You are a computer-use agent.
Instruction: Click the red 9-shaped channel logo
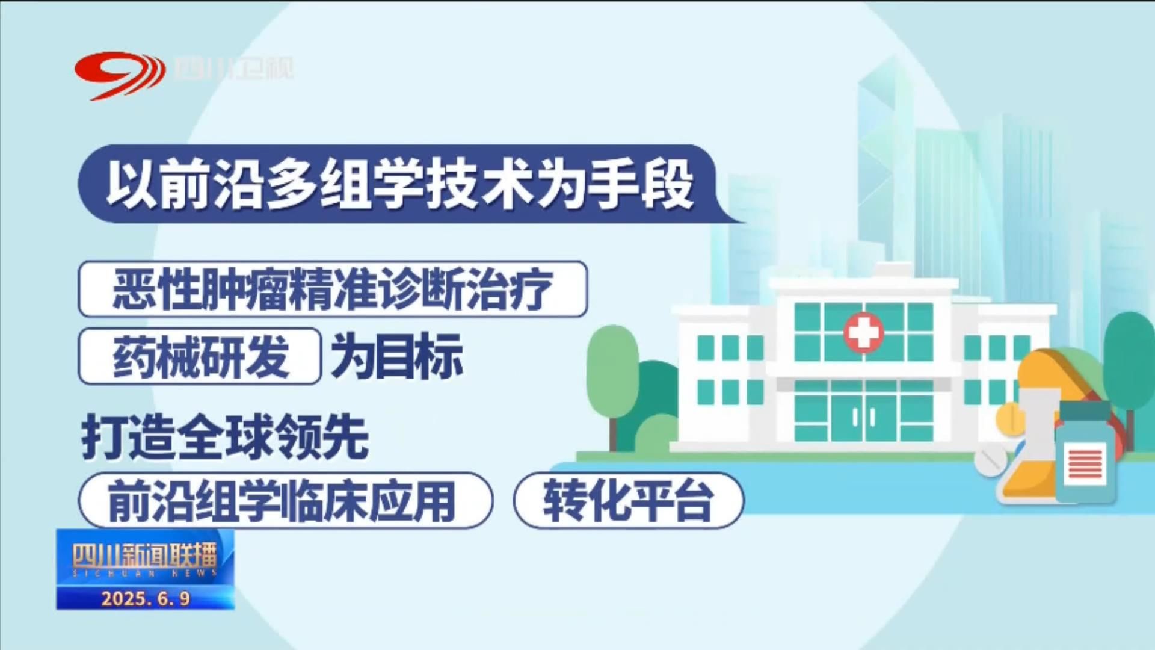(120, 75)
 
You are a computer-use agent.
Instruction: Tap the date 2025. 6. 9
(146, 598)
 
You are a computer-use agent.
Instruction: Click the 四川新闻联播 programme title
(144, 555)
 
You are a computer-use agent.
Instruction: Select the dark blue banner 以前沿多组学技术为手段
(409, 184)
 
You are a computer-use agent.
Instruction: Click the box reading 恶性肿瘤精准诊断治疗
(333, 289)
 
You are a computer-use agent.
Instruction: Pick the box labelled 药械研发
(200, 356)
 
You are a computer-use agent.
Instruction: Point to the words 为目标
(397, 356)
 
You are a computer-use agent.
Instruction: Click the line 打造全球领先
(225, 437)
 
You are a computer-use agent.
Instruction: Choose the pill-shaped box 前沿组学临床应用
(286, 501)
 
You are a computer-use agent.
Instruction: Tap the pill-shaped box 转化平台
(629, 501)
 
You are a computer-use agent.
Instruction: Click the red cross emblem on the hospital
(863, 332)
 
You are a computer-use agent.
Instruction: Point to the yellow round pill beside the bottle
(1009, 418)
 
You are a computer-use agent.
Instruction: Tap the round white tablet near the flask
(990, 461)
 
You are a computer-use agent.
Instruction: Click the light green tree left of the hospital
(612, 379)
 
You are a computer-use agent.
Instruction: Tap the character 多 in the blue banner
(292, 184)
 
